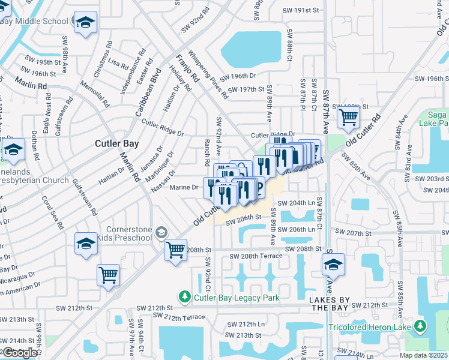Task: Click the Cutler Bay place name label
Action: point(117,144)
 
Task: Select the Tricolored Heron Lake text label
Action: point(369,327)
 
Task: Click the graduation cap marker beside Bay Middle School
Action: point(85,23)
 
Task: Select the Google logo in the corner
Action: point(20,353)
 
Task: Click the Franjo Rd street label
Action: point(186,68)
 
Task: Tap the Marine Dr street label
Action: point(184,187)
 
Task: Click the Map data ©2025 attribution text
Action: point(423,355)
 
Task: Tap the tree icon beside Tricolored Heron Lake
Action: point(421,327)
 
